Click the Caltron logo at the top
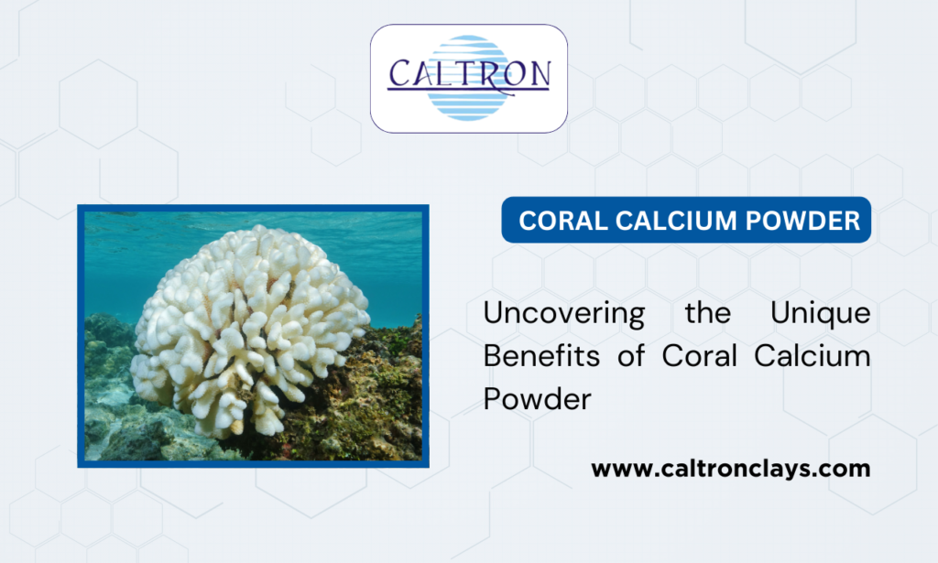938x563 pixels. (x=468, y=78)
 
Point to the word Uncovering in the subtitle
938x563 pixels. (x=564, y=313)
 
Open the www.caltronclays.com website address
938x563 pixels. (x=730, y=470)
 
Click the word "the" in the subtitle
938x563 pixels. (x=707, y=313)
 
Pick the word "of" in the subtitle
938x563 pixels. (x=630, y=356)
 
